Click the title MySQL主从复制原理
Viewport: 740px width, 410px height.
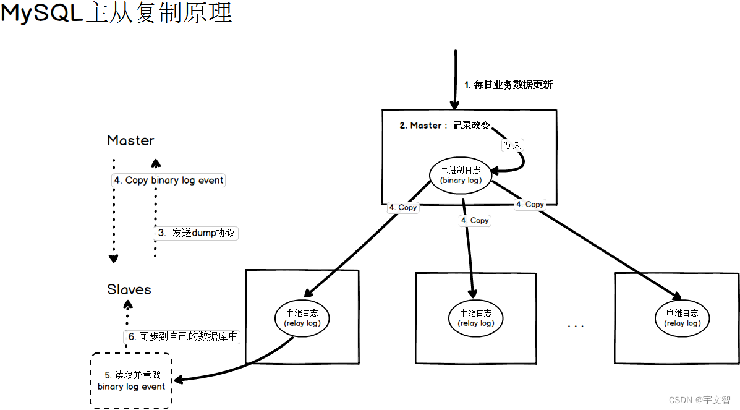click(116, 13)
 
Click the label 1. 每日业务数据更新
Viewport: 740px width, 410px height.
click(508, 85)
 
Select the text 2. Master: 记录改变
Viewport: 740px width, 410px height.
click(444, 125)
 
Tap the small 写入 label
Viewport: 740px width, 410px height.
click(512, 145)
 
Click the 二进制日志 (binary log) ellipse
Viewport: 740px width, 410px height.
click(461, 174)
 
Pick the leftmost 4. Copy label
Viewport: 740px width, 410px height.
click(402, 208)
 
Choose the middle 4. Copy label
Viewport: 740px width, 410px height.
click(475, 220)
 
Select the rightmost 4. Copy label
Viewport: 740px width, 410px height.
click(530, 204)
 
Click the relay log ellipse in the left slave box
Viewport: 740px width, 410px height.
click(302, 318)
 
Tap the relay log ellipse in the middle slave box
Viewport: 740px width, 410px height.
click(475, 318)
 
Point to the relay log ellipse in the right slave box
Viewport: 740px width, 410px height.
click(683, 318)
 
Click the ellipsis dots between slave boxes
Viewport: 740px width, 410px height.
click(575, 325)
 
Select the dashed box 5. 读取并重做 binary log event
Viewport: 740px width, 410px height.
click(131, 380)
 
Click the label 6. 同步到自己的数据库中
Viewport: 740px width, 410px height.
click(182, 336)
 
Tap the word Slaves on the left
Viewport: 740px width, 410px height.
click(129, 289)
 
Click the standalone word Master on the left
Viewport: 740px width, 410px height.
click(130, 140)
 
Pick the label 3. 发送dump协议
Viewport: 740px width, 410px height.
click(195, 233)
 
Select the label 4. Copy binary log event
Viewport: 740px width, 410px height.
click(168, 180)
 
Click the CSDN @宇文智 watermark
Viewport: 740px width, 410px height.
click(699, 400)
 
